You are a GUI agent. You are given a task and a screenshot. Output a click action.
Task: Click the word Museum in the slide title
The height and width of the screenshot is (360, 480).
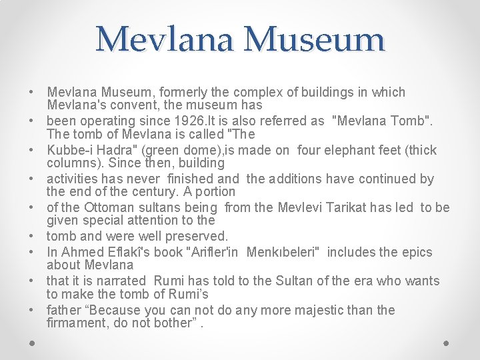point(314,39)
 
